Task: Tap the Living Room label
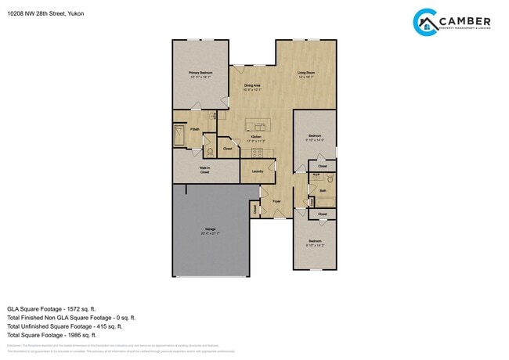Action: tap(305, 74)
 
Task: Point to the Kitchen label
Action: tap(256, 138)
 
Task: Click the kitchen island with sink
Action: tap(257, 124)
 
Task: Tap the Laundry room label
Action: tap(257, 171)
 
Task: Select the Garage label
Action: tap(209, 230)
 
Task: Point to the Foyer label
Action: tap(276, 202)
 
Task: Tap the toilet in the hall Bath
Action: tap(330, 178)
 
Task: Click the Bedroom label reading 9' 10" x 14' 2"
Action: tap(314, 243)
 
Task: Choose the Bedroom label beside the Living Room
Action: tap(314, 138)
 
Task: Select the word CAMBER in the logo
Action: tap(465, 22)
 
